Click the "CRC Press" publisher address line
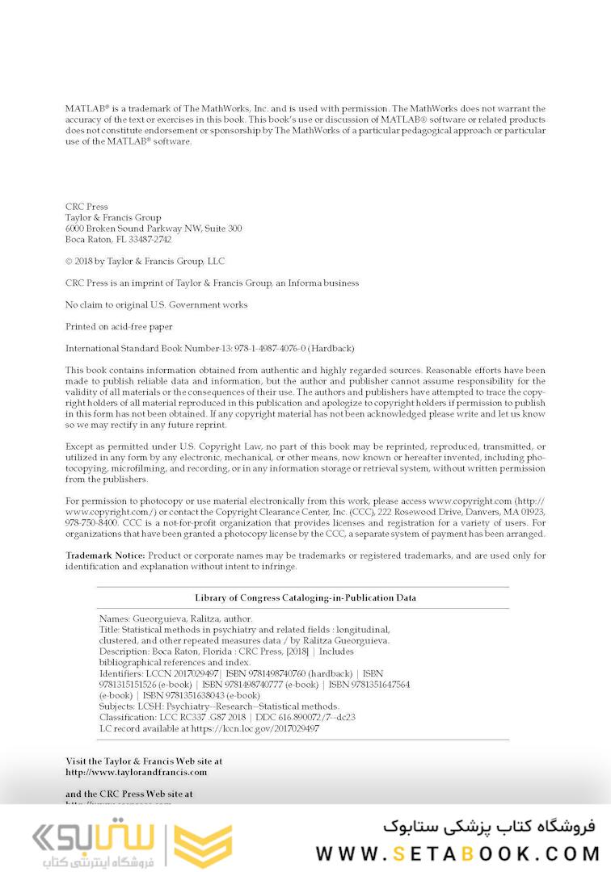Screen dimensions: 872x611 click(x=86, y=207)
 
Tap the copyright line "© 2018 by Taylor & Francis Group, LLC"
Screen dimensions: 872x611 click(x=145, y=262)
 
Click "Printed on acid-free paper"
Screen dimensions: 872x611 click(x=118, y=327)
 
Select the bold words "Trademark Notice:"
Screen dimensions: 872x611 click(x=105, y=555)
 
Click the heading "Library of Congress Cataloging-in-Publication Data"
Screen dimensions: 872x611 click(x=305, y=597)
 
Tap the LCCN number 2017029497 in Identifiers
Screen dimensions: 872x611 click(x=194, y=673)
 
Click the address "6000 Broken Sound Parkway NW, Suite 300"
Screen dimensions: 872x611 click(x=153, y=228)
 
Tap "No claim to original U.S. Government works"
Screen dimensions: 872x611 click(x=156, y=305)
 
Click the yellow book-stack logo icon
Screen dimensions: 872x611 click(x=204, y=845)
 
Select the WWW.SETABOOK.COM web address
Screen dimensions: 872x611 click(x=457, y=853)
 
